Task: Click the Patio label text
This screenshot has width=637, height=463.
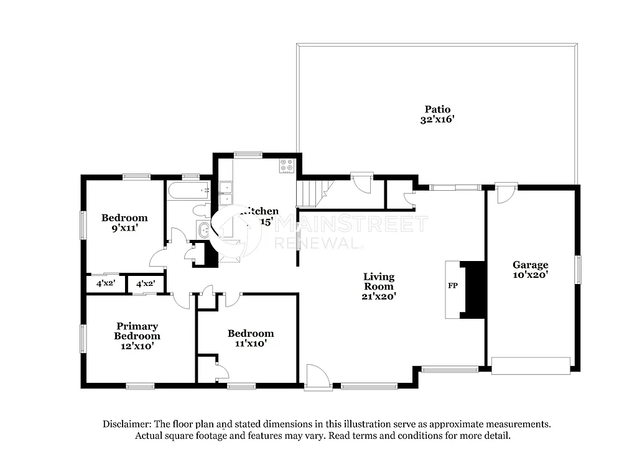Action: [x=437, y=109]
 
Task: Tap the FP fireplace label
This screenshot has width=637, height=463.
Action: [x=452, y=287]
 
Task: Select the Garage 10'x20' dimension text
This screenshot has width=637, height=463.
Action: [x=530, y=274]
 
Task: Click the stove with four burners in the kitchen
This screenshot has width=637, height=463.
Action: [x=286, y=166]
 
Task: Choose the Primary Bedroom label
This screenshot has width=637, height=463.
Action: [x=137, y=331]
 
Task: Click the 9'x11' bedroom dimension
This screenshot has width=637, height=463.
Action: [x=124, y=228]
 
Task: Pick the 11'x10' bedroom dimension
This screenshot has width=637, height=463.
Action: [x=250, y=343]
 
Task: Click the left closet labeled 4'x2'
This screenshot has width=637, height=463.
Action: [x=105, y=283]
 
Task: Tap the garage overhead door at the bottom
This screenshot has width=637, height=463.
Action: [x=531, y=365]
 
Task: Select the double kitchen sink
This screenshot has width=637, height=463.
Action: [x=225, y=193]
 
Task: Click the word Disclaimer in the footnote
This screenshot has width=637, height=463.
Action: [x=128, y=424]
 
